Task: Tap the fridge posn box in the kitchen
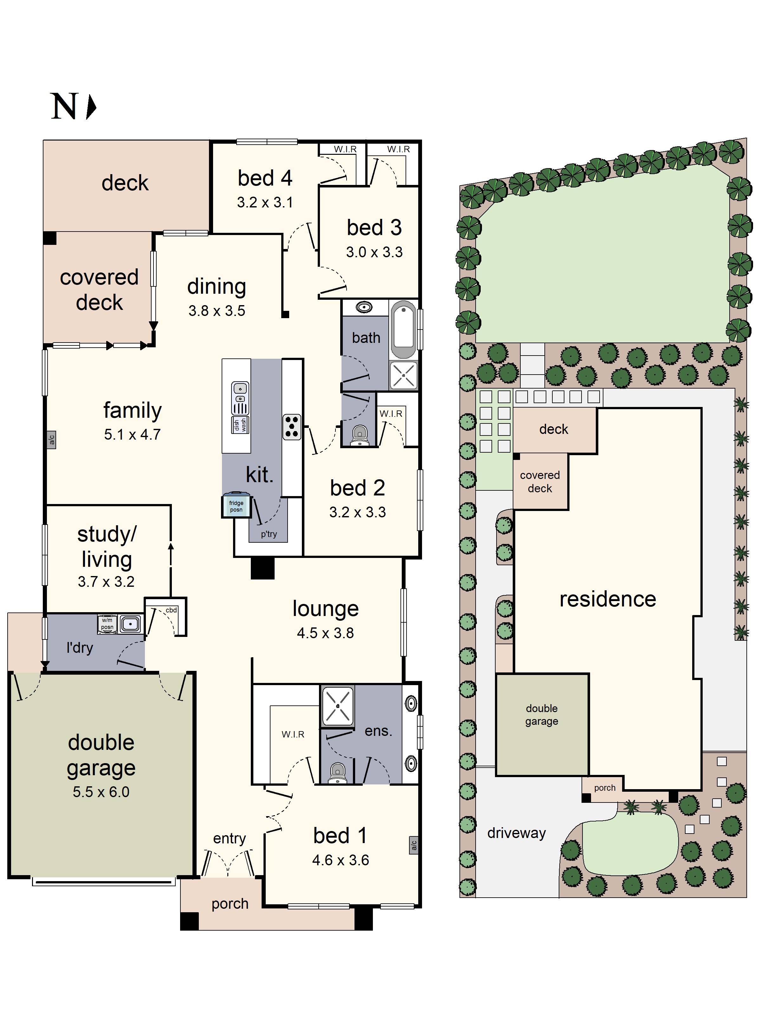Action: pyautogui.click(x=236, y=506)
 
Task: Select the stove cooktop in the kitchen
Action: pyautogui.click(x=292, y=427)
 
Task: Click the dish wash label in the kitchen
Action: pyautogui.click(x=240, y=424)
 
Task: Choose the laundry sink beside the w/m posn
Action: pyautogui.click(x=131, y=624)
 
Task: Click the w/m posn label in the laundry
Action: pyautogui.click(x=107, y=624)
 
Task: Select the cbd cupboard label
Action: pyautogui.click(x=171, y=610)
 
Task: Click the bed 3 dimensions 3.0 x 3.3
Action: pyautogui.click(x=374, y=252)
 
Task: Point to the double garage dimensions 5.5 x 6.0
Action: pyautogui.click(x=101, y=791)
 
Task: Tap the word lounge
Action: pyautogui.click(x=325, y=608)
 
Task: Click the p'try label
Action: pyautogui.click(x=269, y=534)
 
